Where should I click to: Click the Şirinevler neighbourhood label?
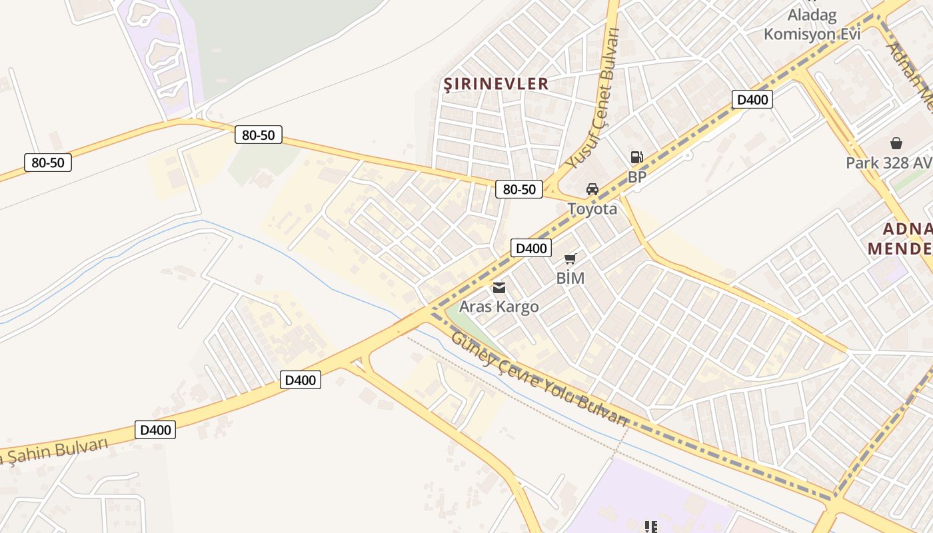tap(496, 83)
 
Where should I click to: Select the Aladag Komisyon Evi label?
tap(812, 24)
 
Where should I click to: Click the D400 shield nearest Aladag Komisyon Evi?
tap(752, 100)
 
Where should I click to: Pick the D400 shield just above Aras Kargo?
tap(531, 249)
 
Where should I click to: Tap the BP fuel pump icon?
tap(637, 157)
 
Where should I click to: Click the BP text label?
tap(637, 177)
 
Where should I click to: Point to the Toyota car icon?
tap(592, 189)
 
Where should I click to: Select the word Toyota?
tap(592, 209)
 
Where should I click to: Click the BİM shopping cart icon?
tap(570, 259)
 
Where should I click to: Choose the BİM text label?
tap(570, 278)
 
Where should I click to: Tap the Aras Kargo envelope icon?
tap(498, 288)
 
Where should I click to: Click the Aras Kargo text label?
tap(498, 307)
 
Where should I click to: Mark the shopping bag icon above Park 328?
tap(896, 143)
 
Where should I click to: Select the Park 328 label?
tap(888, 163)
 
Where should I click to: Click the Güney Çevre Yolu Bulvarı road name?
tap(540, 379)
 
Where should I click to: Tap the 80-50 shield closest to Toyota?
tap(519, 189)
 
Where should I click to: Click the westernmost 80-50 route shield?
tap(48, 163)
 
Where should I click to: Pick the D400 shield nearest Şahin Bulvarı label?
tap(156, 430)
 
